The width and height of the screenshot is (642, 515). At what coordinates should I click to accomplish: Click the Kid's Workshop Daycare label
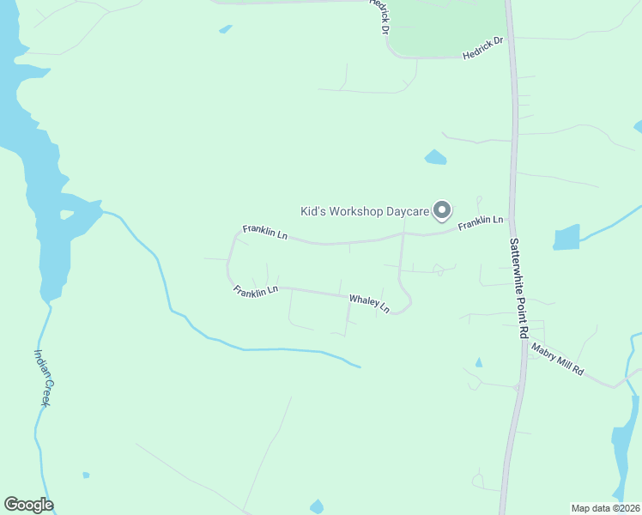point(364,211)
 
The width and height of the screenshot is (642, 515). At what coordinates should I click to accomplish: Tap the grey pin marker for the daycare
point(443,209)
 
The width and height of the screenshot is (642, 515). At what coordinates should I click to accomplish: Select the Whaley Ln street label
point(369,303)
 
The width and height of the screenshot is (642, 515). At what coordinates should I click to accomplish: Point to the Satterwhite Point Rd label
point(518,288)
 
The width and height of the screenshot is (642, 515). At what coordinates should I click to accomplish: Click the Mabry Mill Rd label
point(557,360)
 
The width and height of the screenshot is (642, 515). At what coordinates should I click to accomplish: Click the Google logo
point(28,505)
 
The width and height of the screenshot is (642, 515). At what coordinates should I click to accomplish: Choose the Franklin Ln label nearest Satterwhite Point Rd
point(480,223)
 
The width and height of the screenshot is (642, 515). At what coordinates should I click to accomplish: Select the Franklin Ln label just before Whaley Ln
point(256,291)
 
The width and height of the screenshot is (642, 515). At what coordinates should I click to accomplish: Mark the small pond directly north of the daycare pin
point(435,157)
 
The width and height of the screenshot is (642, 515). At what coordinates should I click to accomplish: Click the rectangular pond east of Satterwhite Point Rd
point(566,237)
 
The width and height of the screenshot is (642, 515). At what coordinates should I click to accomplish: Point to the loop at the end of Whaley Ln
point(403,304)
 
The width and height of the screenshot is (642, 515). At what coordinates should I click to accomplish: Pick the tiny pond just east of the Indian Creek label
point(86,475)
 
